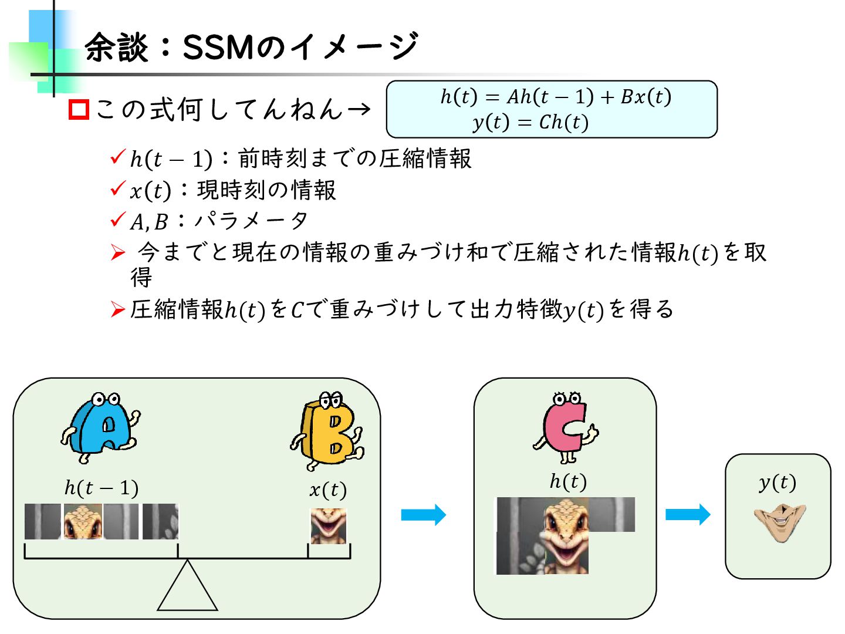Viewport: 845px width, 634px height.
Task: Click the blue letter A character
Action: pos(101,427)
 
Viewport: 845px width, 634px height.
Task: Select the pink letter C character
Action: pos(565,427)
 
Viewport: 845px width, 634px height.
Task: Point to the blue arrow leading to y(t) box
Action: pos(687,515)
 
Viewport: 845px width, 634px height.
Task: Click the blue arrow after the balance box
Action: pos(423,515)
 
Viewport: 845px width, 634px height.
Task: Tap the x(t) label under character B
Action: pos(327,489)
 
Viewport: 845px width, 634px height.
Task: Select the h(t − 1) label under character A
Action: pos(101,487)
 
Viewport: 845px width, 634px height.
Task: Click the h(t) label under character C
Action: pos(567,481)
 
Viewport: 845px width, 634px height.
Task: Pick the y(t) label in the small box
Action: pos(777,483)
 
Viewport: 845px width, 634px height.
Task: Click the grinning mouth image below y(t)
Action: pos(780,522)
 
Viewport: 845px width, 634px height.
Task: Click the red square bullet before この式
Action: pos(79,110)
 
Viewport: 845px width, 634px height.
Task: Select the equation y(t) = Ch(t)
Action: pos(530,122)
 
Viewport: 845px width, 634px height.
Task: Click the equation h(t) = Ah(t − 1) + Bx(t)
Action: pos(555,96)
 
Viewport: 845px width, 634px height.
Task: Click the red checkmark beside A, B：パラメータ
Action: pos(118,220)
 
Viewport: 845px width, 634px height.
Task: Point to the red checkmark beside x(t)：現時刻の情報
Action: pos(118,188)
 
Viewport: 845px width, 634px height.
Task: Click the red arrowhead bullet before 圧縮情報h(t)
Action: pos(118,309)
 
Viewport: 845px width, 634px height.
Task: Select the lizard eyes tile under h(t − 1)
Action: pos(82,521)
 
